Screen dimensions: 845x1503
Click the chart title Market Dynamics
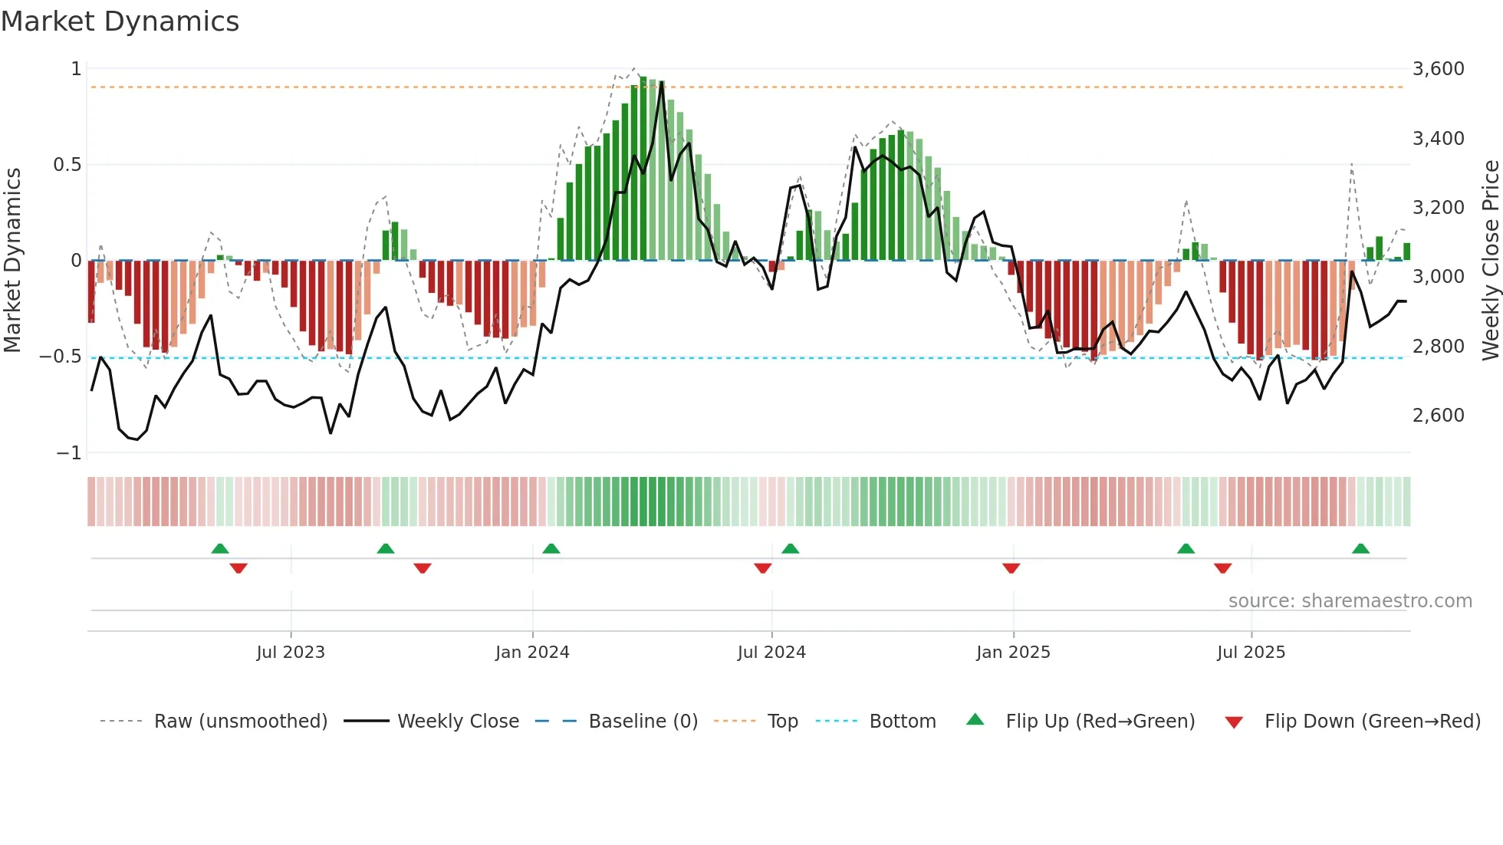120,21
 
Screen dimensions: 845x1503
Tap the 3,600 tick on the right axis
1438,69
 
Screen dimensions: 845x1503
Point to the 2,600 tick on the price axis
1438,416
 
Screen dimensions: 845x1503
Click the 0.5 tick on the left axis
67,165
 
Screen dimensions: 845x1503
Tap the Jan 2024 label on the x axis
532,653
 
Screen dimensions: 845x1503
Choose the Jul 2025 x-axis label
1251,653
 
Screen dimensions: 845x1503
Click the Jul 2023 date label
291,653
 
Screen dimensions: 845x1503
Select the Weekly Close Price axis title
1490,260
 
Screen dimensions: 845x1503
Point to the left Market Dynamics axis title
12,260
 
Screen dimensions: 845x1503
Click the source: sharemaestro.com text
1350,601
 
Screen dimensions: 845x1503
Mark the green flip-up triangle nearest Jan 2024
551,548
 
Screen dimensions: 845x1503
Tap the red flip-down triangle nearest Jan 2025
1011,568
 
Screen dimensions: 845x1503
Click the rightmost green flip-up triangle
1360,548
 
